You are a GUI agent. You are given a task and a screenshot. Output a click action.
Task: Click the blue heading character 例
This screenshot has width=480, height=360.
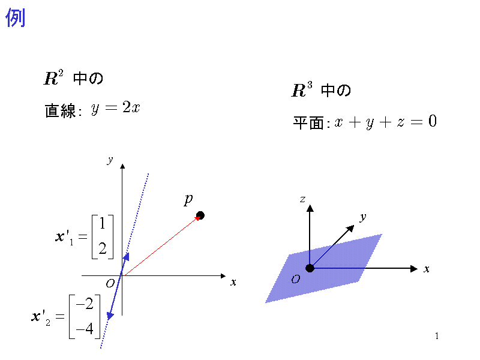click(16, 17)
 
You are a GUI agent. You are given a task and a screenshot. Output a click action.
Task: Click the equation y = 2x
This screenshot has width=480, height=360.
click(115, 108)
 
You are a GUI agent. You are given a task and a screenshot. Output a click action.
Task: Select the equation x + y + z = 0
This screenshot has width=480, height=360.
click(385, 122)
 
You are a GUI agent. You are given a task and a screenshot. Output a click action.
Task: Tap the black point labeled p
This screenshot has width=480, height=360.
click(200, 215)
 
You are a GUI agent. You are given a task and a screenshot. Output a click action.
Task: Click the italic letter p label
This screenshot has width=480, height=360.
click(188, 200)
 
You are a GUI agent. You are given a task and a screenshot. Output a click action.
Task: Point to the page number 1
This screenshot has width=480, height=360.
click(437, 336)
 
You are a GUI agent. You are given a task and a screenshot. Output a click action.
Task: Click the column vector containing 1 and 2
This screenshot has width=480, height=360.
click(103, 236)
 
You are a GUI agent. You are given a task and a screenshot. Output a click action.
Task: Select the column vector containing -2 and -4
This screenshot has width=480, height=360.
click(85, 317)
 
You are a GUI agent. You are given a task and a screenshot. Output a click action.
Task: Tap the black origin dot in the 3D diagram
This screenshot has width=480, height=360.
click(310, 268)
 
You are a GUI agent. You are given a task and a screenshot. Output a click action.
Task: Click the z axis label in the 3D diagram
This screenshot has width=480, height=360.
click(302, 199)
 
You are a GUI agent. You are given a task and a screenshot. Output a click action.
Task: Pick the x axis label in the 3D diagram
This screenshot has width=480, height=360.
click(427, 269)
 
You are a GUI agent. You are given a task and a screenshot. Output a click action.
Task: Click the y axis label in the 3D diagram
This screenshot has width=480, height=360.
click(363, 217)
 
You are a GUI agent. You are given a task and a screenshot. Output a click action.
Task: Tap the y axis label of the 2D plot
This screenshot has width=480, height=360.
click(110, 160)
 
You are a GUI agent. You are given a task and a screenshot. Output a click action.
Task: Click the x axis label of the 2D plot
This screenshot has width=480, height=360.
click(233, 282)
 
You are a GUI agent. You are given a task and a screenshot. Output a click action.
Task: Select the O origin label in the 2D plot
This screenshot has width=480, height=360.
click(110, 284)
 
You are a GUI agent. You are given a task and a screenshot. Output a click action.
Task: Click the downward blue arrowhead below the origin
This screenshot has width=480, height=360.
click(110, 316)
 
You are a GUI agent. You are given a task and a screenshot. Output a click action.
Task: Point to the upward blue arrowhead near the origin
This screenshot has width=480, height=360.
click(126, 257)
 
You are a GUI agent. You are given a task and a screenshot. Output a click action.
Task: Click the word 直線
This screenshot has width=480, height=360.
click(61, 110)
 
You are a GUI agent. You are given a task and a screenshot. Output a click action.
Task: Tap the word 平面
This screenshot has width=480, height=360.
click(308, 123)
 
